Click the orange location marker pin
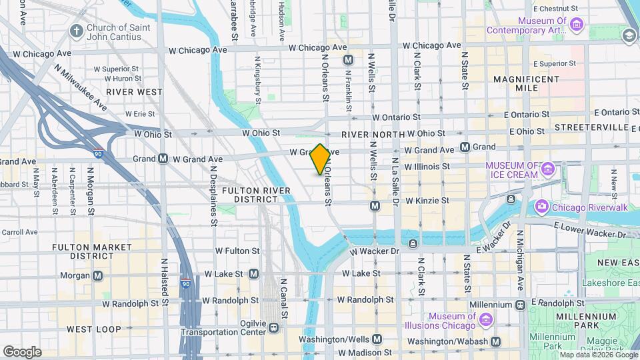(x=320, y=159)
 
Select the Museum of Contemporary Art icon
(x=577, y=25)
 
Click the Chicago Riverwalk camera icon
(x=541, y=206)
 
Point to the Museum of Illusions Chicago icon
(x=486, y=321)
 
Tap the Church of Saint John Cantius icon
(x=77, y=31)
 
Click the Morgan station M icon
(x=98, y=275)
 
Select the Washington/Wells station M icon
(x=377, y=339)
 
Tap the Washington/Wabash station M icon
(x=496, y=341)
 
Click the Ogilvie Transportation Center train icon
(x=273, y=327)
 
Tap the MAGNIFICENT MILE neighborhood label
(x=527, y=83)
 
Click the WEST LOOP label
(x=94, y=329)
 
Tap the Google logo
(x=21, y=351)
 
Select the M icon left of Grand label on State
(x=465, y=147)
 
